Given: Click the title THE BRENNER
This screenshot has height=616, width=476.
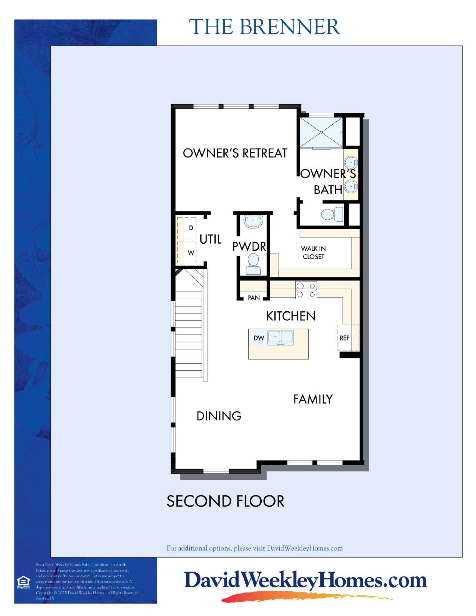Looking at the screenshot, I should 264,27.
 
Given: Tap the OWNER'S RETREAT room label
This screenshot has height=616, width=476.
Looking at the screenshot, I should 235,153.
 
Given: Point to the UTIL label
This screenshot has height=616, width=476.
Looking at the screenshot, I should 211,239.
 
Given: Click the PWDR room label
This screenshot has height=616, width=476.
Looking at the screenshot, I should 249,246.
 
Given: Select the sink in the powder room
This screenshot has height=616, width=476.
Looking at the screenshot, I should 253,221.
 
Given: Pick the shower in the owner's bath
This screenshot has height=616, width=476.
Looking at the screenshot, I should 321,133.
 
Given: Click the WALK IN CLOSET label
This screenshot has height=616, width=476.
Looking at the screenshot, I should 314,253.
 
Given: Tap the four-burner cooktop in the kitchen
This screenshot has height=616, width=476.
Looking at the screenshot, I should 306,290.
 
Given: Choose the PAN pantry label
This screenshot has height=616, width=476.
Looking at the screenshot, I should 254,298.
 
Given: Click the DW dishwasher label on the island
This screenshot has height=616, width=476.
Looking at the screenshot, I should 259,338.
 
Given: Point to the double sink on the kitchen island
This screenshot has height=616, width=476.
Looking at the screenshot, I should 280,337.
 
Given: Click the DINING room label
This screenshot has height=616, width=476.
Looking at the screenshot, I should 219,416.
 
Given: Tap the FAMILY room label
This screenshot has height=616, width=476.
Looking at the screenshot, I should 313,399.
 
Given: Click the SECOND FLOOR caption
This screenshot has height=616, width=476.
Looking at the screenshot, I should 225,501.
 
